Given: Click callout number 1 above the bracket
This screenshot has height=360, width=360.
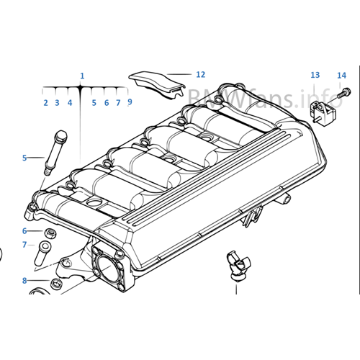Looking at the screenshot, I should pos(82,76).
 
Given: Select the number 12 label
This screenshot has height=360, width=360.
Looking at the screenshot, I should pos(200,74).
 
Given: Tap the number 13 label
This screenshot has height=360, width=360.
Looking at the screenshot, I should pos(315,76).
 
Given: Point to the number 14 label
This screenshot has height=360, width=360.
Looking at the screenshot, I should pos(341,75).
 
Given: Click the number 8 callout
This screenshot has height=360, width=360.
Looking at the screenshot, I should pos(24,279).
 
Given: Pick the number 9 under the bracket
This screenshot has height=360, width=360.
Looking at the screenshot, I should pos(130,102).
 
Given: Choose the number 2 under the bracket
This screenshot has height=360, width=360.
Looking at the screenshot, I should pos(45,103).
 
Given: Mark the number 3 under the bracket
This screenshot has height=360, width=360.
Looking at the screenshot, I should pos(58,103).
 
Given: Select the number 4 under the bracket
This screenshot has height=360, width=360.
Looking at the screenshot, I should pos(70,103).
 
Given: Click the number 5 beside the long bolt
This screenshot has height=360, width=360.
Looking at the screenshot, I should pos(24,157).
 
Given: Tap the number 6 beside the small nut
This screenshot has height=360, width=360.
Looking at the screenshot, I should pos(24,231).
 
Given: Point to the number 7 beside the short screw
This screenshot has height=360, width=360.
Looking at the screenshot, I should pos(24,245).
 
